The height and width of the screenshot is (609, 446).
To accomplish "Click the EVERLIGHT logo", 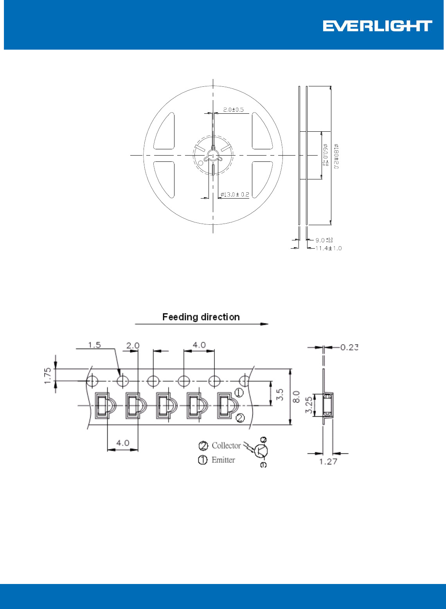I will tap(377, 26).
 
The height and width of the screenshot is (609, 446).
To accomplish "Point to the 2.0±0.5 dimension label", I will tap(233, 110).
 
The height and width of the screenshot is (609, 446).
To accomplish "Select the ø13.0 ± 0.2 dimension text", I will tap(235, 194).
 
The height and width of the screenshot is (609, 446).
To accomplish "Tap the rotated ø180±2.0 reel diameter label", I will tap(336, 156).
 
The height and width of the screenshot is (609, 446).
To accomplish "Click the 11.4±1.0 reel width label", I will tap(328, 248).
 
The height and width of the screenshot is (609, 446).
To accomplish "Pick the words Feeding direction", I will tap(201, 317).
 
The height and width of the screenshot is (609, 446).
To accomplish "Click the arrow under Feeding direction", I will tap(201, 324).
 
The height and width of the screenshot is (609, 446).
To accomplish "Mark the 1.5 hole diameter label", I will tap(94, 345).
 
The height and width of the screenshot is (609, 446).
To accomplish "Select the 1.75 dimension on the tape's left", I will tap(48, 375).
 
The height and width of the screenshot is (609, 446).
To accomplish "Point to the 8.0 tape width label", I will tap(297, 397).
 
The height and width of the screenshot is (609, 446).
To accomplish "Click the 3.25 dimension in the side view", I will tap(309, 405).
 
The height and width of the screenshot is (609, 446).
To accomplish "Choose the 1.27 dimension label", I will tap(328, 462).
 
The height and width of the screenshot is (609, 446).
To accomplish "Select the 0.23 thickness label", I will tap(349, 347).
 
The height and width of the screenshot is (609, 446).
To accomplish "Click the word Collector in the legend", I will tap(226, 446).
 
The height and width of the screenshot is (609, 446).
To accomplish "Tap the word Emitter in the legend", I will tap(223, 460).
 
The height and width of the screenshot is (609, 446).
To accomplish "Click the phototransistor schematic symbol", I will tap(260, 451).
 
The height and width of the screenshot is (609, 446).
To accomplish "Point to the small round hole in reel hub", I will tap(201, 163).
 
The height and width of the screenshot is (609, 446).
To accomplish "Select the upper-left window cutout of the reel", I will tap(164, 131).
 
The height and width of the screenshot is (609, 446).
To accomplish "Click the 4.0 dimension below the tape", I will tap(122, 443).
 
